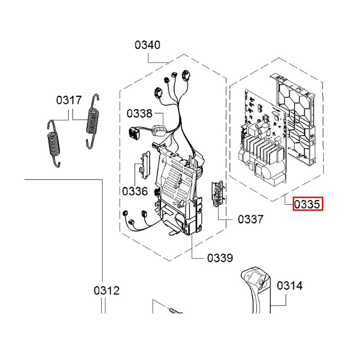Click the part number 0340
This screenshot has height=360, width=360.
[x=148, y=45]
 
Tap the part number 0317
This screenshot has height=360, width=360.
[x=69, y=100]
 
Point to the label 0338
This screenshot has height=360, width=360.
[x=139, y=114]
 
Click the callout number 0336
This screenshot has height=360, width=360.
[x=135, y=191]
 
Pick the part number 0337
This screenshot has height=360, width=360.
[x=251, y=219]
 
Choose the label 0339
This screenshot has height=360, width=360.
[x=220, y=258]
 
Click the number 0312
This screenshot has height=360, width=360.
[x=107, y=290]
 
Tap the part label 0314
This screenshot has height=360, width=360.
[x=289, y=286]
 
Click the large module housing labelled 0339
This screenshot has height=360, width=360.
[x=178, y=191]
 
